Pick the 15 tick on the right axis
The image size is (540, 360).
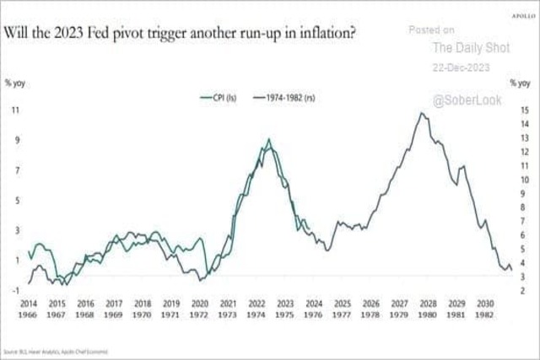coord(523,110)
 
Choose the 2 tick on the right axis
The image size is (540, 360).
coord(524,290)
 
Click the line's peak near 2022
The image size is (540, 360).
coord(268,140)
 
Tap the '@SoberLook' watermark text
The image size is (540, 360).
coord(467,100)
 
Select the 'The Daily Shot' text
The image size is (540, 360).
coord(466,49)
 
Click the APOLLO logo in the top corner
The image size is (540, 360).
coord(524,14)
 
